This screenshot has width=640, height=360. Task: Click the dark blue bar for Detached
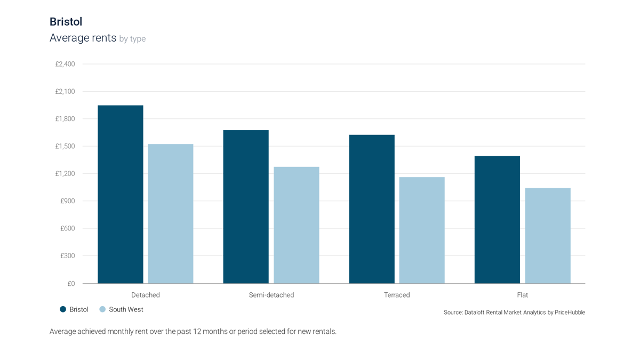pyautogui.click(x=120, y=194)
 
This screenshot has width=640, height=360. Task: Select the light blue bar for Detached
pyautogui.click(x=171, y=213)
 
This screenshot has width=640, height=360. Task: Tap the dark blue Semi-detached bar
pyautogui.click(x=246, y=206)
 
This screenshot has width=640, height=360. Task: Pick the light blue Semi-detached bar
pyautogui.click(x=297, y=224)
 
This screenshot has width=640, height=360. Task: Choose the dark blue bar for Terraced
pyautogui.click(x=372, y=208)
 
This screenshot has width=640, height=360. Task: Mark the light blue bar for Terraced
pyautogui.click(x=422, y=229)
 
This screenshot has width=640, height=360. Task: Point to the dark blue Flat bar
pyautogui.click(x=497, y=219)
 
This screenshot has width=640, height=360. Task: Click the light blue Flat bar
pyautogui.click(x=548, y=235)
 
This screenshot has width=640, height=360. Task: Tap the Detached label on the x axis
pyautogui.click(x=146, y=294)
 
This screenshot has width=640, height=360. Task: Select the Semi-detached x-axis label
pyautogui.click(x=271, y=294)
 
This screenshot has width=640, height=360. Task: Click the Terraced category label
pyautogui.click(x=397, y=294)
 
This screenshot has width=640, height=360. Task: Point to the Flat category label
pyautogui.click(x=523, y=294)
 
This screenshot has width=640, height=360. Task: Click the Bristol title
pyautogui.click(x=66, y=22)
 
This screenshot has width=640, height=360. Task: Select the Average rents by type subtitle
pyautogui.click(x=97, y=38)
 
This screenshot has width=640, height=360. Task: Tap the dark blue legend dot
pyautogui.click(x=63, y=309)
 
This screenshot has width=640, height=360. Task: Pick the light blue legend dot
pyautogui.click(x=102, y=309)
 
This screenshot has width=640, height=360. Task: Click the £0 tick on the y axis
pyautogui.click(x=71, y=283)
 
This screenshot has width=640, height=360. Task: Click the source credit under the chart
pyautogui.click(x=514, y=313)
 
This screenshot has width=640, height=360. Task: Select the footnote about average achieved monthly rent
pyautogui.click(x=193, y=331)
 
